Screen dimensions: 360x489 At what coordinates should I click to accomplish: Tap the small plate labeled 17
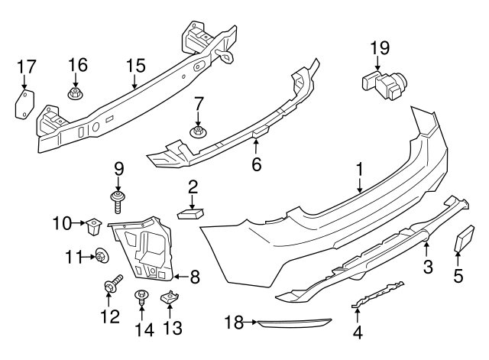coord(24,104)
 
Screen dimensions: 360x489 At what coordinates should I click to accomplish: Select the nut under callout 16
coord(76,96)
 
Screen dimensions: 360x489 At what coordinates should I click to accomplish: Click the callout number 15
coord(134,66)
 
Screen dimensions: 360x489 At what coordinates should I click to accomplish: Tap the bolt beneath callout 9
coord(119,203)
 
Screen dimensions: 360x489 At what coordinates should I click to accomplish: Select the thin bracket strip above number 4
coord(378,295)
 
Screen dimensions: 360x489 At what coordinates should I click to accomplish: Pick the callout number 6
coord(256,164)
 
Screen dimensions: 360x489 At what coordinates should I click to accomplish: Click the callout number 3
coord(428,267)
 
